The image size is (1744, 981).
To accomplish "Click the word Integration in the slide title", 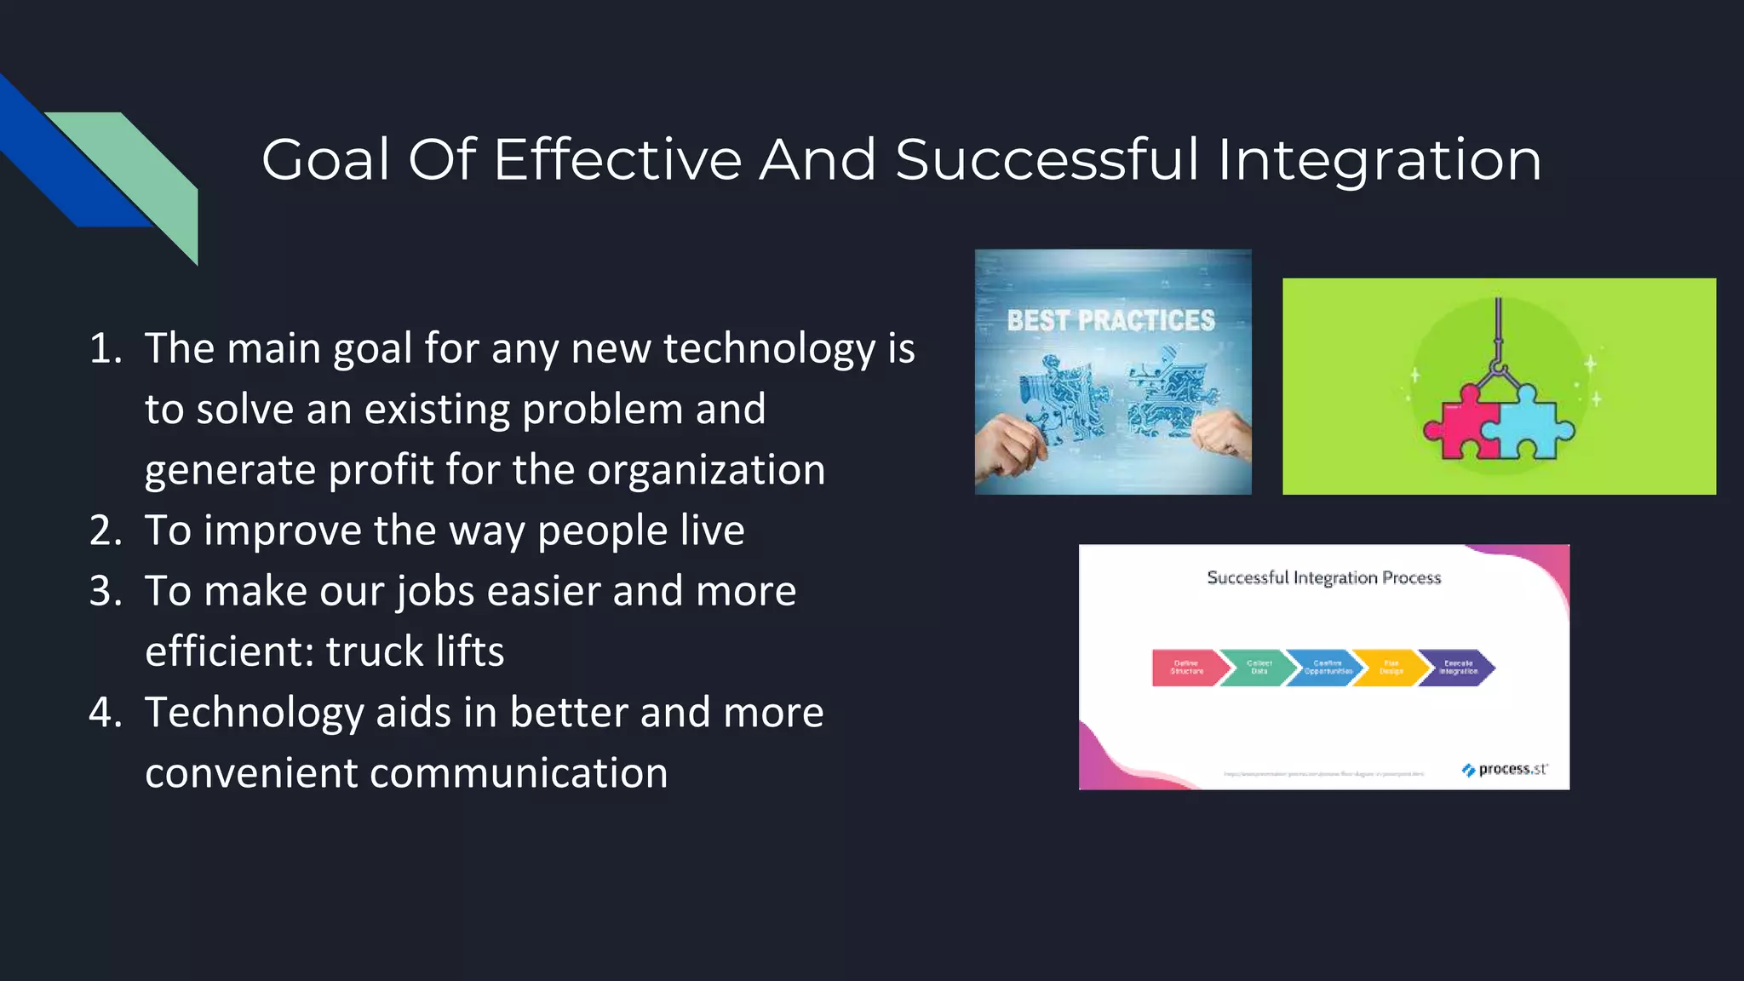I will [1379, 160].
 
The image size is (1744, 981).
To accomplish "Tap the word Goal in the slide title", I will [325, 160].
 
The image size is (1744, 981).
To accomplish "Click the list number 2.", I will [106, 531].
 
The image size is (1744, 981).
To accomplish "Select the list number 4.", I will [106, 713].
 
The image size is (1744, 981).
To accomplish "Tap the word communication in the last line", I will [519, 773].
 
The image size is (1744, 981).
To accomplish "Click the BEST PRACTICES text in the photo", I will [1110, 321].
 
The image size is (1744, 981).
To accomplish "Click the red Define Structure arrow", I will [1186, 668].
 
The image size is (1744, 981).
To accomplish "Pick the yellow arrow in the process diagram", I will [1391, 668].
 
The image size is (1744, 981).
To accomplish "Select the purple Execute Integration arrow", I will [1457, 668].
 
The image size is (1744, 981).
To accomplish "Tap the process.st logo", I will [1505, 770].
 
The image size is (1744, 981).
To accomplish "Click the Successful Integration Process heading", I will [1323, 578].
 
